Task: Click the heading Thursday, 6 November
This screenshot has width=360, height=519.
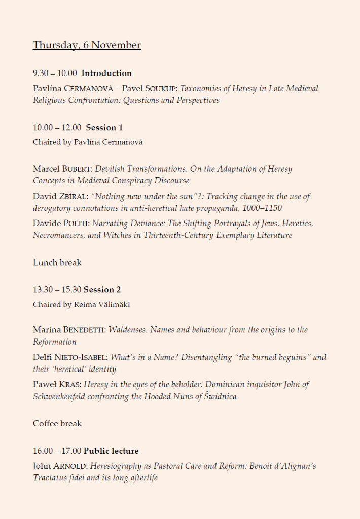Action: click(87, 45)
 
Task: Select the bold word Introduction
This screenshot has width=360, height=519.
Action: click(106, 73)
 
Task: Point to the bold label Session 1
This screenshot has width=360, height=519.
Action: click(104, 128)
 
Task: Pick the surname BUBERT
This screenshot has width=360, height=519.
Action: click(80, 169)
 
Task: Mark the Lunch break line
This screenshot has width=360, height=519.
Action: click(57, 263)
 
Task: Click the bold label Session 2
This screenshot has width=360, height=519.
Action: click(102, 290)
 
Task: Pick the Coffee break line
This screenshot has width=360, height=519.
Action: click(57, 423)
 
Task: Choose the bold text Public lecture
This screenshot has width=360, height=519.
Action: click(111, 451)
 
